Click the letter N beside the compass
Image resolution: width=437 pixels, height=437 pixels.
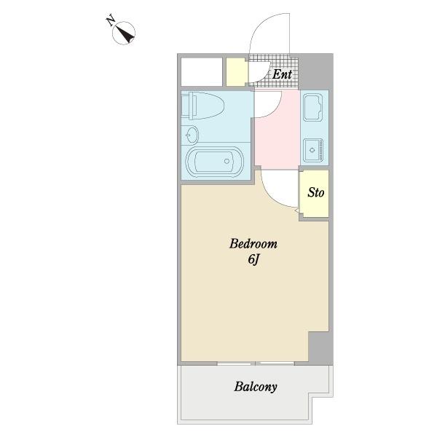pos(111,20)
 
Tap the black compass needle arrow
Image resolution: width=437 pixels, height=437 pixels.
pos(124,35)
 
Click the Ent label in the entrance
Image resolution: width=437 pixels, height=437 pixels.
pos(282,74)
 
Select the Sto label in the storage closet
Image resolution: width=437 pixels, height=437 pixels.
pos(316,192)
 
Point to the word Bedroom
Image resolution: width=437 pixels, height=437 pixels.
pos(253,244)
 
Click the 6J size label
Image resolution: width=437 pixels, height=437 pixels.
pos(253,260)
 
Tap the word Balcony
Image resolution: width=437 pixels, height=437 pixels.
pos(256,387)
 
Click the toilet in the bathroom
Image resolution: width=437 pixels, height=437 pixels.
pos(203,106)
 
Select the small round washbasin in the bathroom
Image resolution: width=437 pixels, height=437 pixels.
pos(191,135)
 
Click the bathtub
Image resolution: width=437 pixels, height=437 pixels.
pos(214,162)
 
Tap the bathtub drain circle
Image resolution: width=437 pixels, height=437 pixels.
pos(227,162)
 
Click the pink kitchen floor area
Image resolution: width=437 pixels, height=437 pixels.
pos(277,130)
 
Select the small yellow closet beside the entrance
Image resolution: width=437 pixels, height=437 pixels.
pos(237,72)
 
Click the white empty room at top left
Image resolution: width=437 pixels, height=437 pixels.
pos(202,71)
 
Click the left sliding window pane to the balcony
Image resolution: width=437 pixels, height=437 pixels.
pos(234,363)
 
